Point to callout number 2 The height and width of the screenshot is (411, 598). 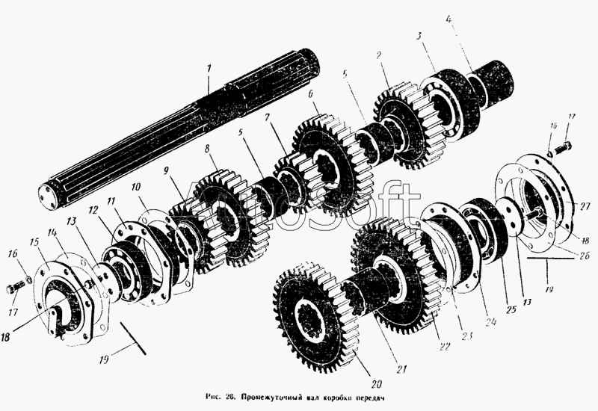coord(380,55)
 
